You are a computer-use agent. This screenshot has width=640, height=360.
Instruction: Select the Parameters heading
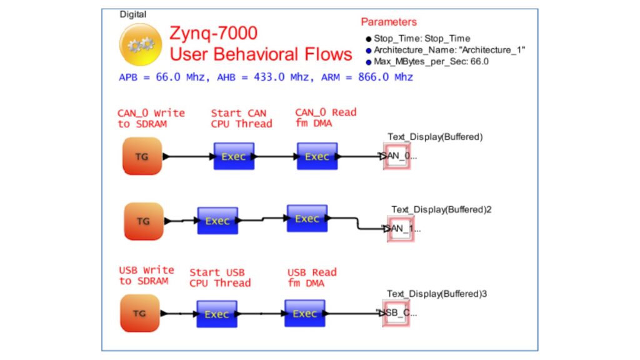tap(388, 22)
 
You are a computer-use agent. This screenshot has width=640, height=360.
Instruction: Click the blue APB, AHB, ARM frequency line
tap(266, 77)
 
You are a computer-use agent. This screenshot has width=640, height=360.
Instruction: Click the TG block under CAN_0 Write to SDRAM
tap(142, 156)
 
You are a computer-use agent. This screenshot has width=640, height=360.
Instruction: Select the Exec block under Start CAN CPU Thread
tap(234, 156)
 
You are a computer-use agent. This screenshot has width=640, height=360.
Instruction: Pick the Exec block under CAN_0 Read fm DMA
tap(317, 156)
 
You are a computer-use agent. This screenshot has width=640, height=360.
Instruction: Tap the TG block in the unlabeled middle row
tap(143, 221)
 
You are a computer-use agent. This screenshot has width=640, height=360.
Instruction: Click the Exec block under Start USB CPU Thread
tap(217, 314)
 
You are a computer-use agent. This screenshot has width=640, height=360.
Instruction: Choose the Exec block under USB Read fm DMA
tap(304, 313)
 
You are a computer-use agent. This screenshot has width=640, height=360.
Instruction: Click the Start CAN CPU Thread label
tap(241, 118)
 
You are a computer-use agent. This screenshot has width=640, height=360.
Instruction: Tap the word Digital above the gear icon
tap(133, 14)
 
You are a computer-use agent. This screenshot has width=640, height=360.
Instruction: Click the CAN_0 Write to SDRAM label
tap(151, 118)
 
